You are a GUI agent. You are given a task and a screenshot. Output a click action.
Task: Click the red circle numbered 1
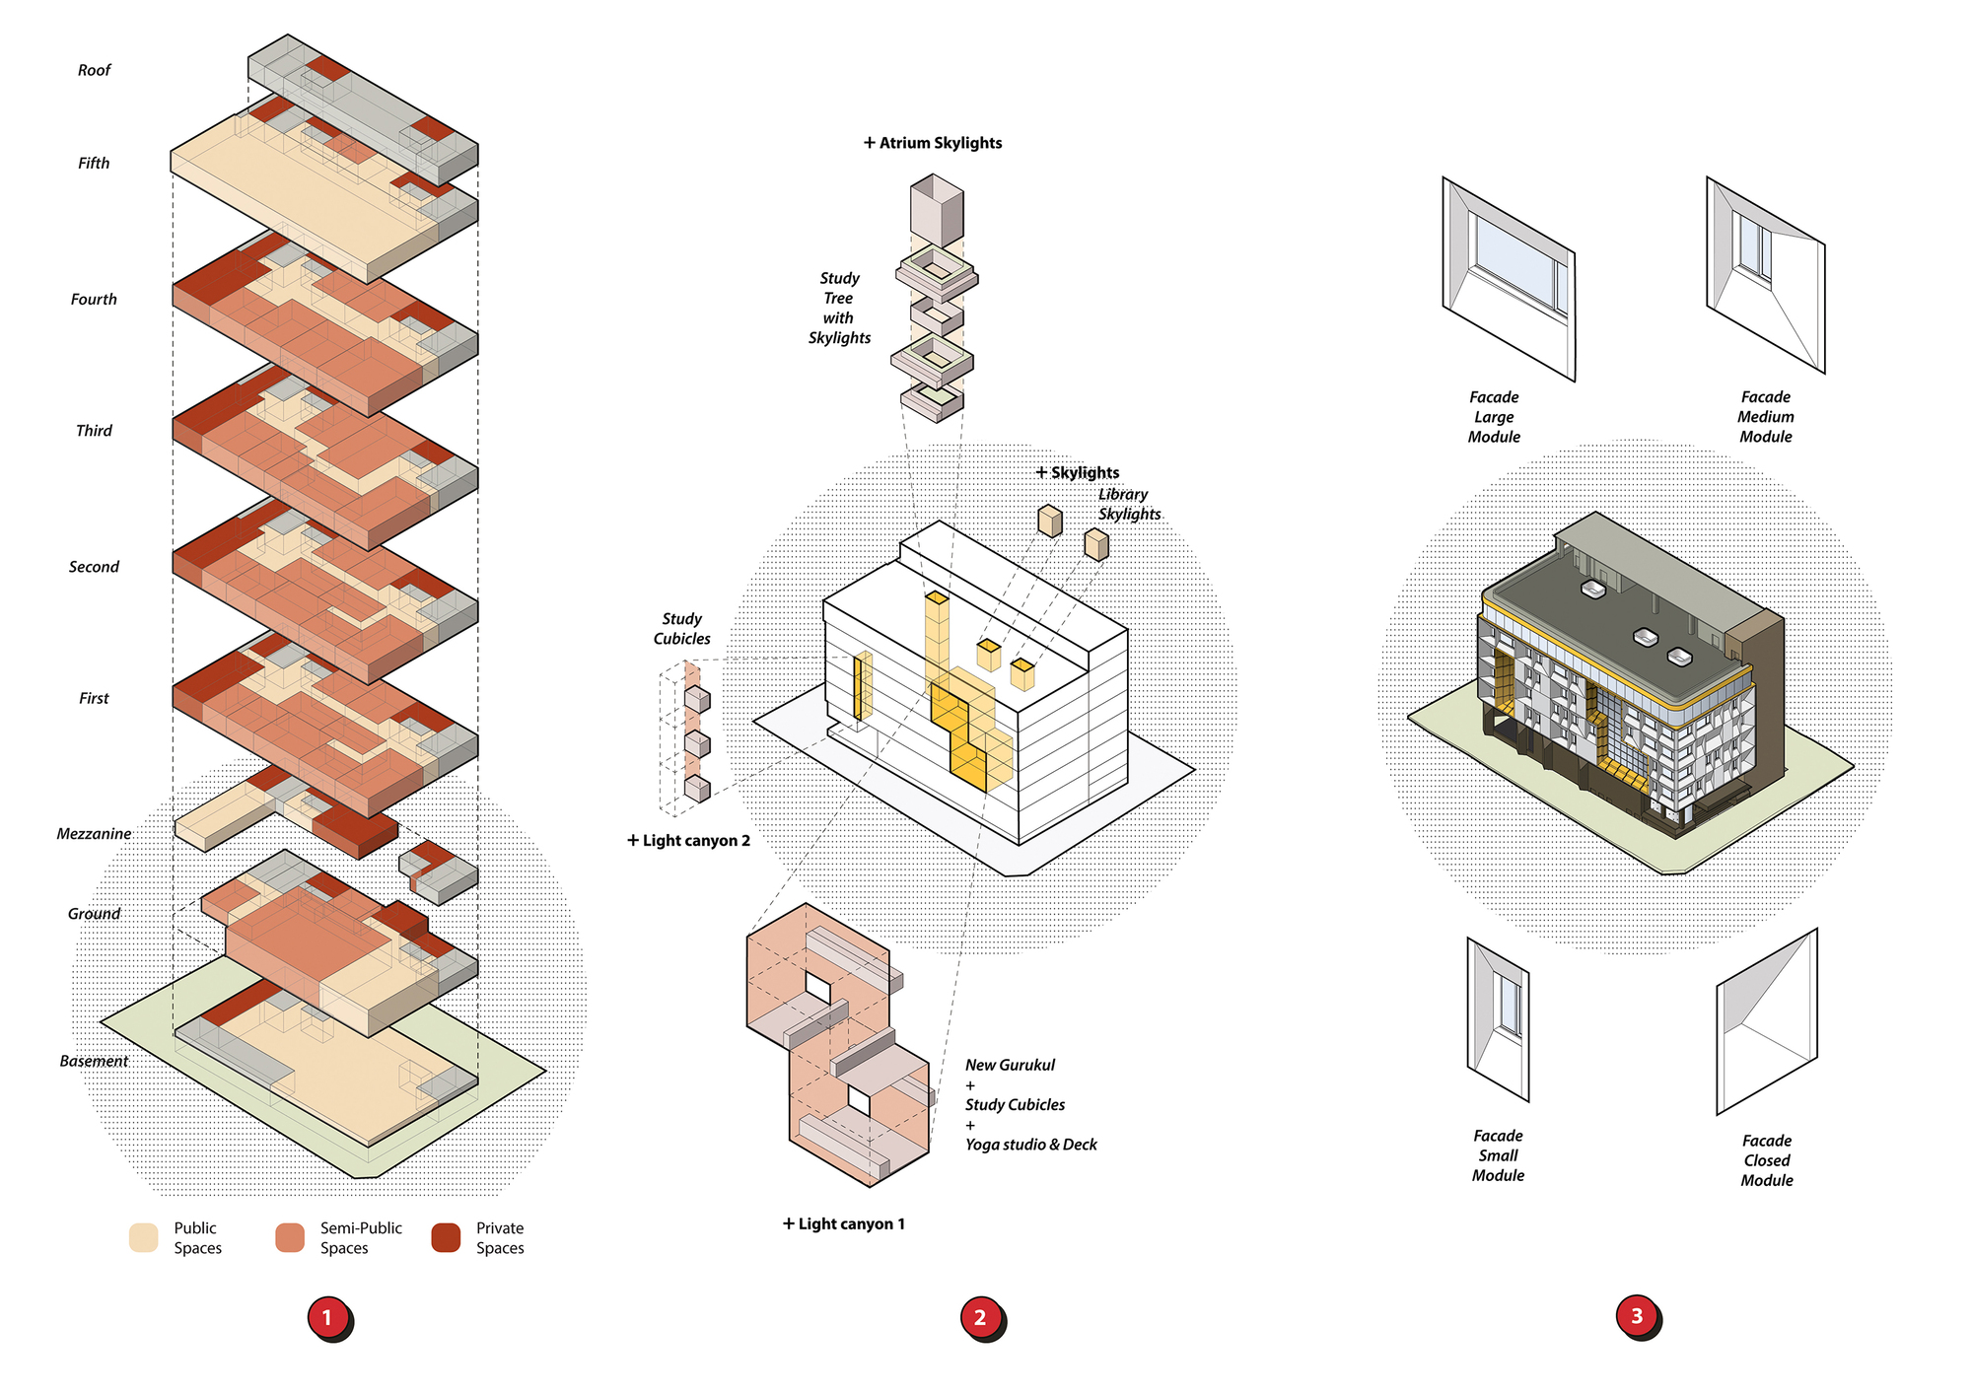click(x=327, y=1317)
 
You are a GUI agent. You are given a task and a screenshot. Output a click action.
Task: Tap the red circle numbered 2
click(x=980, y=1317)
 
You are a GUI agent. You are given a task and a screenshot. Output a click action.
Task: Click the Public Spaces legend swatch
click(x=144, y=1237)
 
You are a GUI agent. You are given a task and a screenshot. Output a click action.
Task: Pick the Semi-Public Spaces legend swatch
click(x=290, y=1237)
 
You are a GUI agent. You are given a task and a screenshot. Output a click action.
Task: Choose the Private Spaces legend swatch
click(x=446, y=1237)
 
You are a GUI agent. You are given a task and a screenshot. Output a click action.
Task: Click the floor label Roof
click(x=95, y=70)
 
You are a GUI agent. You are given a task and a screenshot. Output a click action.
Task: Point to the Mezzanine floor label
click(x=94, y=834)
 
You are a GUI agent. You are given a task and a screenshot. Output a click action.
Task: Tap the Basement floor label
click(x=94, y=1061)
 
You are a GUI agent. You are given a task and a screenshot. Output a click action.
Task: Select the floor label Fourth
click(x=94, y=299)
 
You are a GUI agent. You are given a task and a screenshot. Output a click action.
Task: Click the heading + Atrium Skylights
click(x=933, y=143)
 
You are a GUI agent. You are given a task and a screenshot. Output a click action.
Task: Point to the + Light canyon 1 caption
click(x=844, y=1223)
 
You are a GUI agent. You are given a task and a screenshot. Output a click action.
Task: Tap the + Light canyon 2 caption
click(x=689, y=840)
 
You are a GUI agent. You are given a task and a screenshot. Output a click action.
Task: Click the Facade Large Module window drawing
click(x=1509, y=279)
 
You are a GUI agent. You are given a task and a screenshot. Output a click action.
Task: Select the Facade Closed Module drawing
click(x=1767, y=1021)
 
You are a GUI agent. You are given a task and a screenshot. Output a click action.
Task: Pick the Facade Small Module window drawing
click(x=1498, y=1018)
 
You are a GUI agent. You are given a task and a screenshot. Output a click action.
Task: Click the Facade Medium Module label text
click(x=1765, y=416)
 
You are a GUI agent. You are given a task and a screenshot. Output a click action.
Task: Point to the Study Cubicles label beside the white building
click(x=681, y=629)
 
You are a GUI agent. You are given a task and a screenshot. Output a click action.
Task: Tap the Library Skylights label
click(x=1129, y=504)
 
